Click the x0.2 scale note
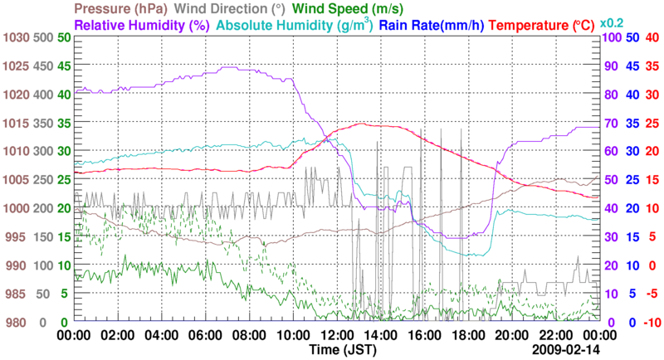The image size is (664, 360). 613,22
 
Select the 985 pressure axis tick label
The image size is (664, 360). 17,294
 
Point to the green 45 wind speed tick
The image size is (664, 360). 64,66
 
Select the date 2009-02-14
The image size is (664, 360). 567,351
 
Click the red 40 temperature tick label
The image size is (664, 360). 652,37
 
